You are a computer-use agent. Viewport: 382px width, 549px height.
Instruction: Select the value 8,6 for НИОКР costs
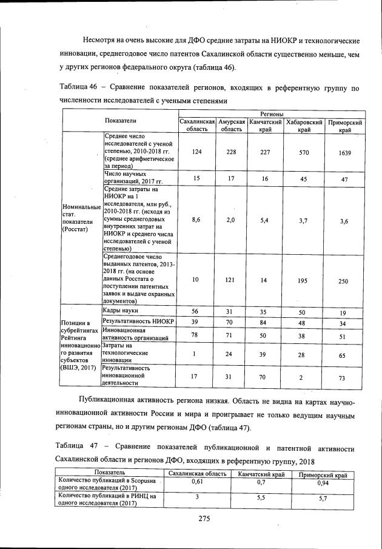click(196, 220)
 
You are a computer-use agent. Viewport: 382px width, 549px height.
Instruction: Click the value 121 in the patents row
click(230, 281)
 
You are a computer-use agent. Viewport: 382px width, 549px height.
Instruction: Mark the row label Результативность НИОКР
click(138, 320)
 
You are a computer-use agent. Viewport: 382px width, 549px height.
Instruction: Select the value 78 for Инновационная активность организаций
click(195, 334)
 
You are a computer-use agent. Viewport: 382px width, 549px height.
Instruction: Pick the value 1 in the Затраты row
click(195, 354)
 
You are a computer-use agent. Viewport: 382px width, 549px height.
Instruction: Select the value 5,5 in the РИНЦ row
click(261, 497)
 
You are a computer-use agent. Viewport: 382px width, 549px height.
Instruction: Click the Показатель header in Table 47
click(109, 472)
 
